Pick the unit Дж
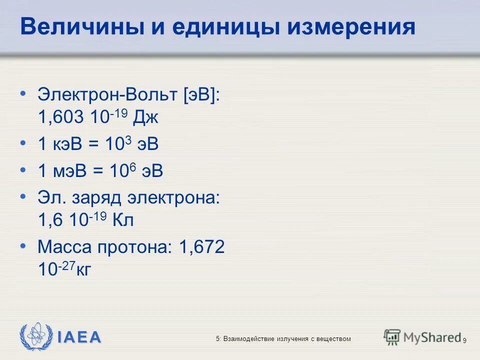(x=146, y=118)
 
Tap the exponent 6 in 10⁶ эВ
(x=132, y=166)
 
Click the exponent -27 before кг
(x=67, y=265)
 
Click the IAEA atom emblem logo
(x=35, y=336)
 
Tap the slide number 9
(x=465, y=340)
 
